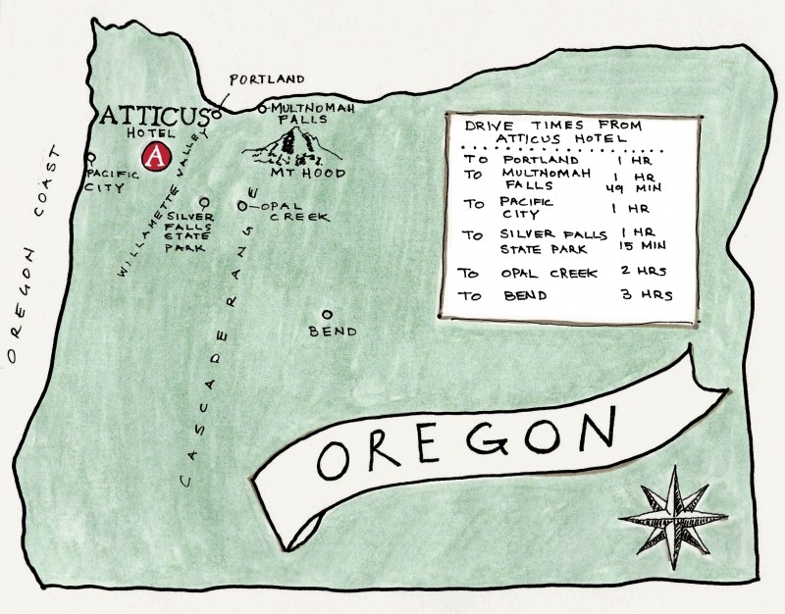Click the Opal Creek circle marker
242,206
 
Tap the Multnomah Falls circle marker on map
262,109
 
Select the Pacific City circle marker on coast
90,156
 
